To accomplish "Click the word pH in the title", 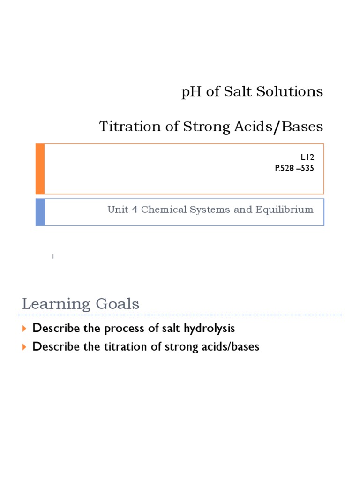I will (190, 92).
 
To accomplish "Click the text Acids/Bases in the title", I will (287, 127).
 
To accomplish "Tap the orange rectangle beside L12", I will (40, 169).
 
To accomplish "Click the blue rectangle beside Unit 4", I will (40, 212).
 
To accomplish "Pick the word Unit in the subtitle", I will (118, 210).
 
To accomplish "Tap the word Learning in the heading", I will (55, 304).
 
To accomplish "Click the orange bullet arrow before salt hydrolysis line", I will (25, 329).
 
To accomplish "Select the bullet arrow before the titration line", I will (25, 347).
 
